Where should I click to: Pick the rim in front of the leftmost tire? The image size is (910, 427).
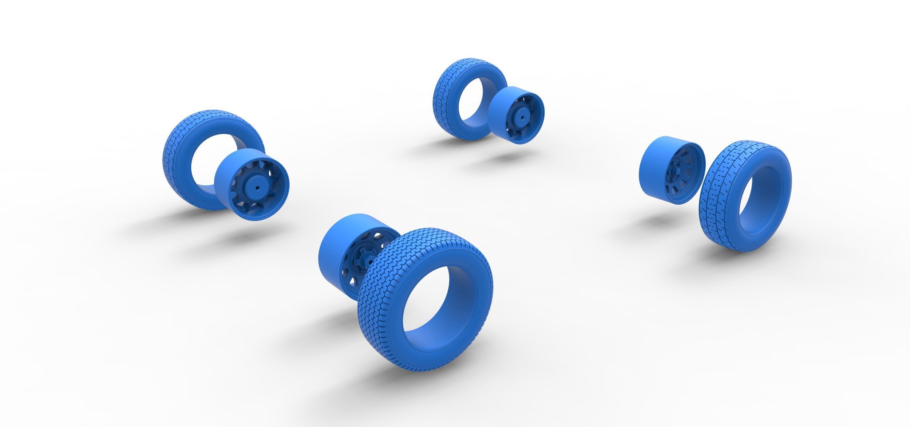(251, 182)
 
